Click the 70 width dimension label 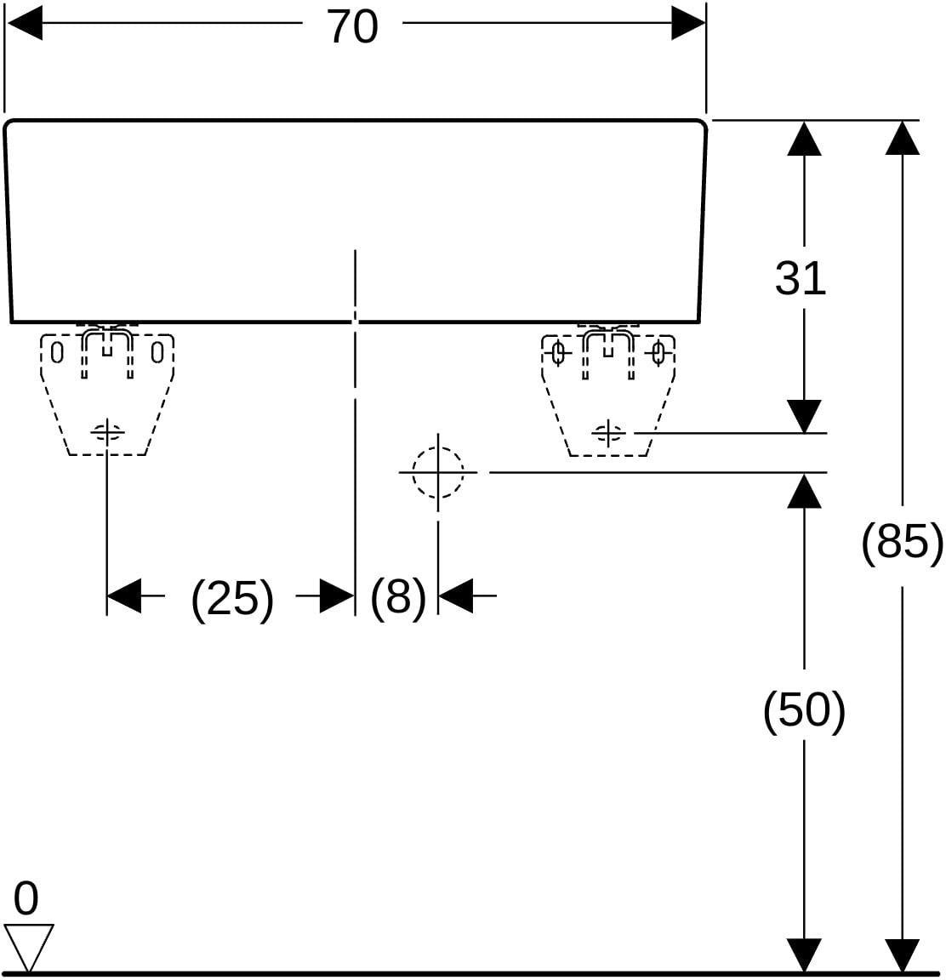353,27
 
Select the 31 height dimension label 801,278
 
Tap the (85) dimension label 903,543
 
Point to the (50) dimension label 804,710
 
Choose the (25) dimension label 232,598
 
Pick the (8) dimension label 398,596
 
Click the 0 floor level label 26,898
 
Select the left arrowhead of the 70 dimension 24,23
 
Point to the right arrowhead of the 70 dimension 688,23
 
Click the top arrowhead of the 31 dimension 804,138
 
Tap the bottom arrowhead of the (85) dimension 903,955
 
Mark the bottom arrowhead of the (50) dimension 804,955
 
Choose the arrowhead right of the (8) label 456,595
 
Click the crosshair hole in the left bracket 107,432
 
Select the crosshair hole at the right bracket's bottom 608,432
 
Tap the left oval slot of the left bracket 57,353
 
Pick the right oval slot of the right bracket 658,353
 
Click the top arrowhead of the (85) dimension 903,138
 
